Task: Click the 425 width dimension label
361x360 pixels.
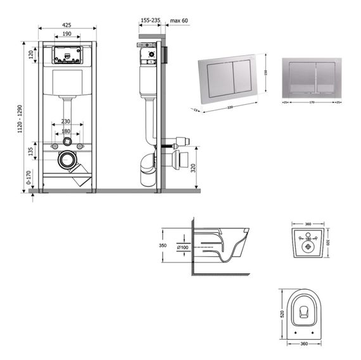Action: coord(66,25)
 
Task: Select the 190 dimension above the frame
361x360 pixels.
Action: coord(66,34)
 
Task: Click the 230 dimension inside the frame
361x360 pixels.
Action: coord(66,121)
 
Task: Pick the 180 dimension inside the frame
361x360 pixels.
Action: coord(66,132)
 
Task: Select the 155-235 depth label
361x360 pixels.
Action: coord(149,20)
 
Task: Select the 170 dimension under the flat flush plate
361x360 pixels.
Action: coord(311,102)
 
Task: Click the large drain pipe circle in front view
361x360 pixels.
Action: coord(66,160)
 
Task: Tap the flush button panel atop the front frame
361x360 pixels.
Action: coord(66,56)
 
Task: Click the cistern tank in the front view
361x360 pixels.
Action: coord(66,82)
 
